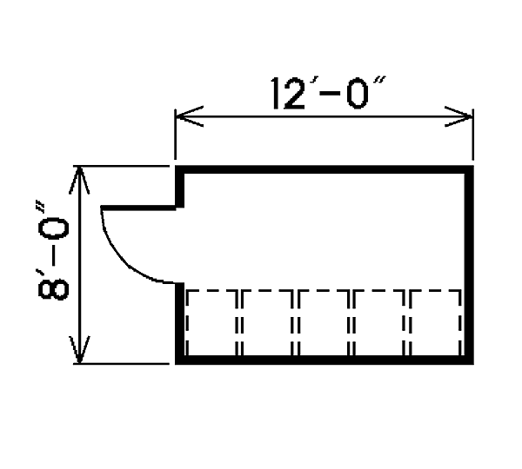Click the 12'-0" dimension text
click(x=328, y=93)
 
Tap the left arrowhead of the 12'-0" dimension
click(x=190, y=116)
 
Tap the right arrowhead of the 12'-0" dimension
click(x=458, y=116)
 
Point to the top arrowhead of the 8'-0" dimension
click(x=79, y=181)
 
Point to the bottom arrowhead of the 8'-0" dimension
click(x=79, y=349)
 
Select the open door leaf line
click(x=138, y=208)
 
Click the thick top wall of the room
click(x=325, y=169)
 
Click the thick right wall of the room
click(x=469, y=265)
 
